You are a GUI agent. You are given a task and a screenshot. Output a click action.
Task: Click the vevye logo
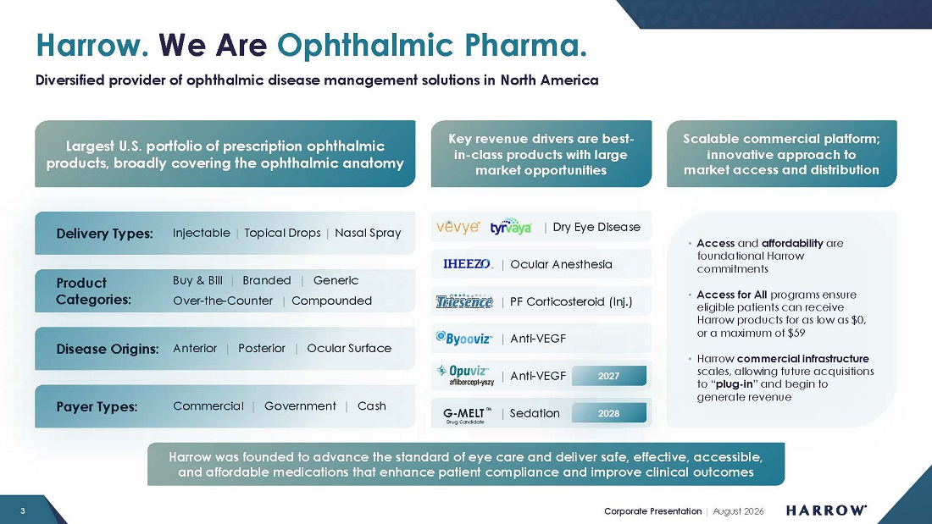(458, 227)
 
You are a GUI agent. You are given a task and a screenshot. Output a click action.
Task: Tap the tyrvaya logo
(511, 226)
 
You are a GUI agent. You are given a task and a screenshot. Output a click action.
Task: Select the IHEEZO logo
(468, 264)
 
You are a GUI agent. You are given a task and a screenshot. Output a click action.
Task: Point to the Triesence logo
(464, 301)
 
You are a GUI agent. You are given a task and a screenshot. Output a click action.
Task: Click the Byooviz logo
(464, 338)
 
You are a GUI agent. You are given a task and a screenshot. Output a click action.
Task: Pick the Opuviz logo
(465, 376)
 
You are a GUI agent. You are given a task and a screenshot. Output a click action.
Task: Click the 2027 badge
(608, 376)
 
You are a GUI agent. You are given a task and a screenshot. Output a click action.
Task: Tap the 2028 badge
(608, 413)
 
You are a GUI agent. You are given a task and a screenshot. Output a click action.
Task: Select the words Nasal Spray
(368, 233)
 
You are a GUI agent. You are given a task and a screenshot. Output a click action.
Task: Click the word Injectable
(202, 233)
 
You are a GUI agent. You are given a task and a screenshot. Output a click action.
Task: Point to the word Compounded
(331, 301)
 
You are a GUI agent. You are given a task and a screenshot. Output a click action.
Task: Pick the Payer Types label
(97, 407)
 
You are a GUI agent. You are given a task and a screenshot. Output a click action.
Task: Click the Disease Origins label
(108, 349)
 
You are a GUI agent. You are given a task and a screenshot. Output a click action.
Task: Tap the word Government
(300, 406)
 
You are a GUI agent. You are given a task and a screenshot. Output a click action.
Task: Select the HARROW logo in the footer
(826, 510)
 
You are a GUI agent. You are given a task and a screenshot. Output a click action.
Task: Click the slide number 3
(23, 511)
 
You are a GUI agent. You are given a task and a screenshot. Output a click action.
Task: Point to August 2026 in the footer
(738, 511)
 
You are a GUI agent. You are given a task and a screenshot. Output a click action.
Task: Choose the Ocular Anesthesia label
(561, 264)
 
